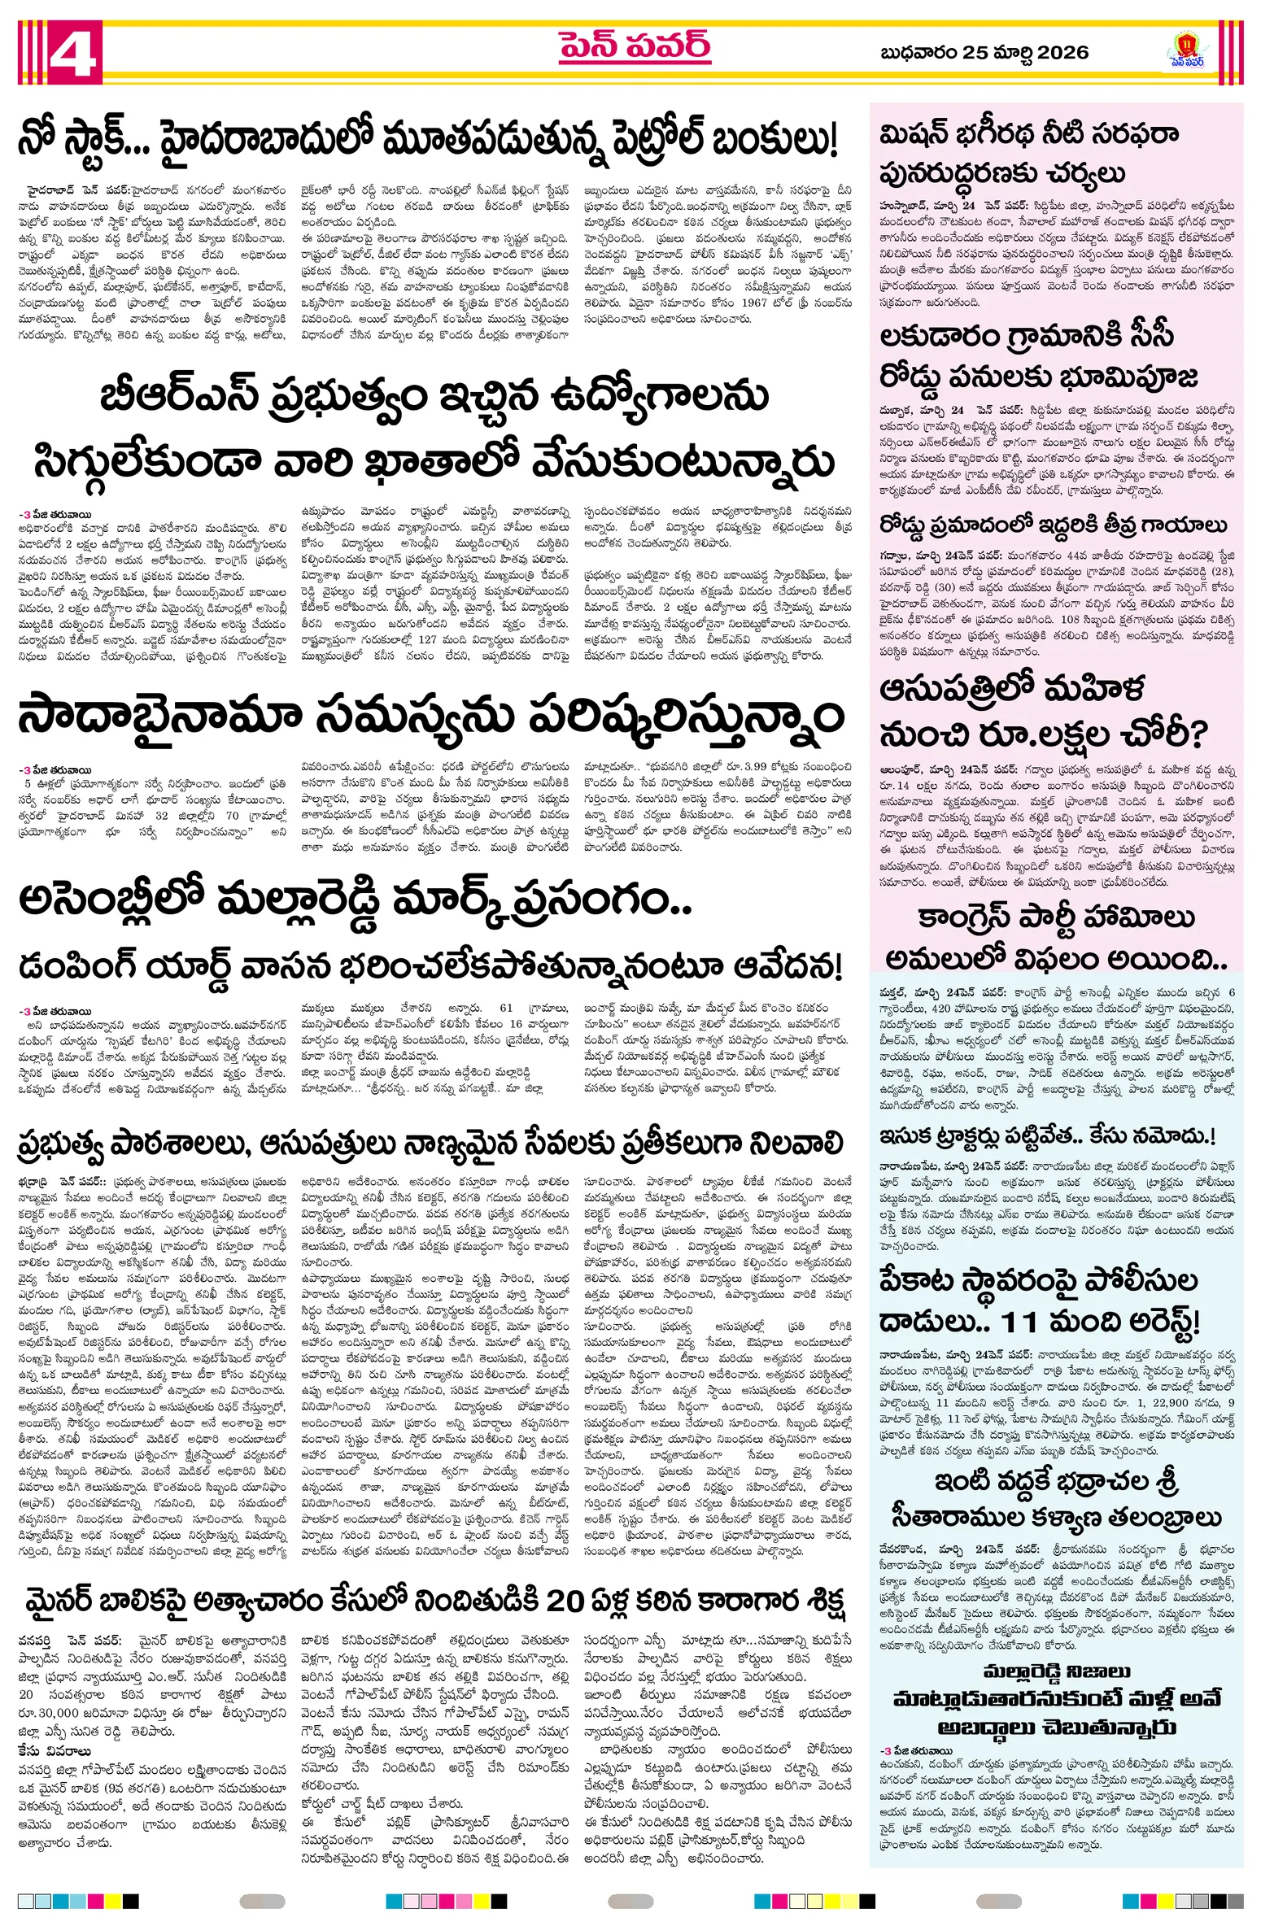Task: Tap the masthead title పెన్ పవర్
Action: coord(635,48)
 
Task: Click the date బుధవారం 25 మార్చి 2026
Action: coord(984,53)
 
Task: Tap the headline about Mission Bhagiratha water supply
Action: coord(1029,153)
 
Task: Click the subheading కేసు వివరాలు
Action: coord(55,1751)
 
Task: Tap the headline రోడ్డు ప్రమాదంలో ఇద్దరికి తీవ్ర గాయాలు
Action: coord(1053,525)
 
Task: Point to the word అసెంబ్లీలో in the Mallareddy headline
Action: coord(110,900)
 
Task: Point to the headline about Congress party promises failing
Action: coord(1055,939)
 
